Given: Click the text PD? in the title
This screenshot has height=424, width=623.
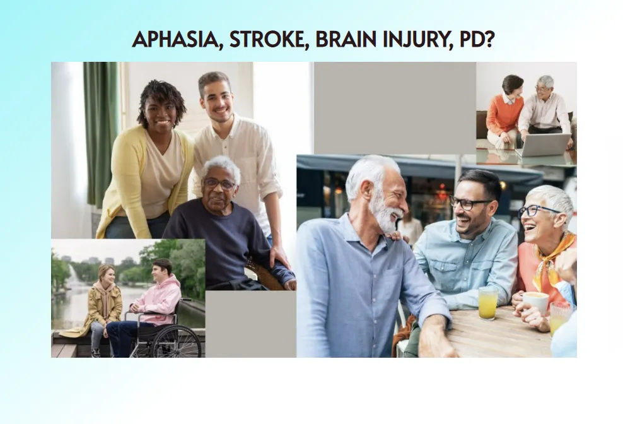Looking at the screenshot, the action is point(477,39).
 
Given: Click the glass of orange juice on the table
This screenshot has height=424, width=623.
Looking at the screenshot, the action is point(488,303).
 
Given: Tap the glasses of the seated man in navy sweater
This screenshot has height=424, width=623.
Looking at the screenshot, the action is point(219,184).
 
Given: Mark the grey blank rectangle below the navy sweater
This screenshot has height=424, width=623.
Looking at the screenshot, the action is point(251,324).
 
